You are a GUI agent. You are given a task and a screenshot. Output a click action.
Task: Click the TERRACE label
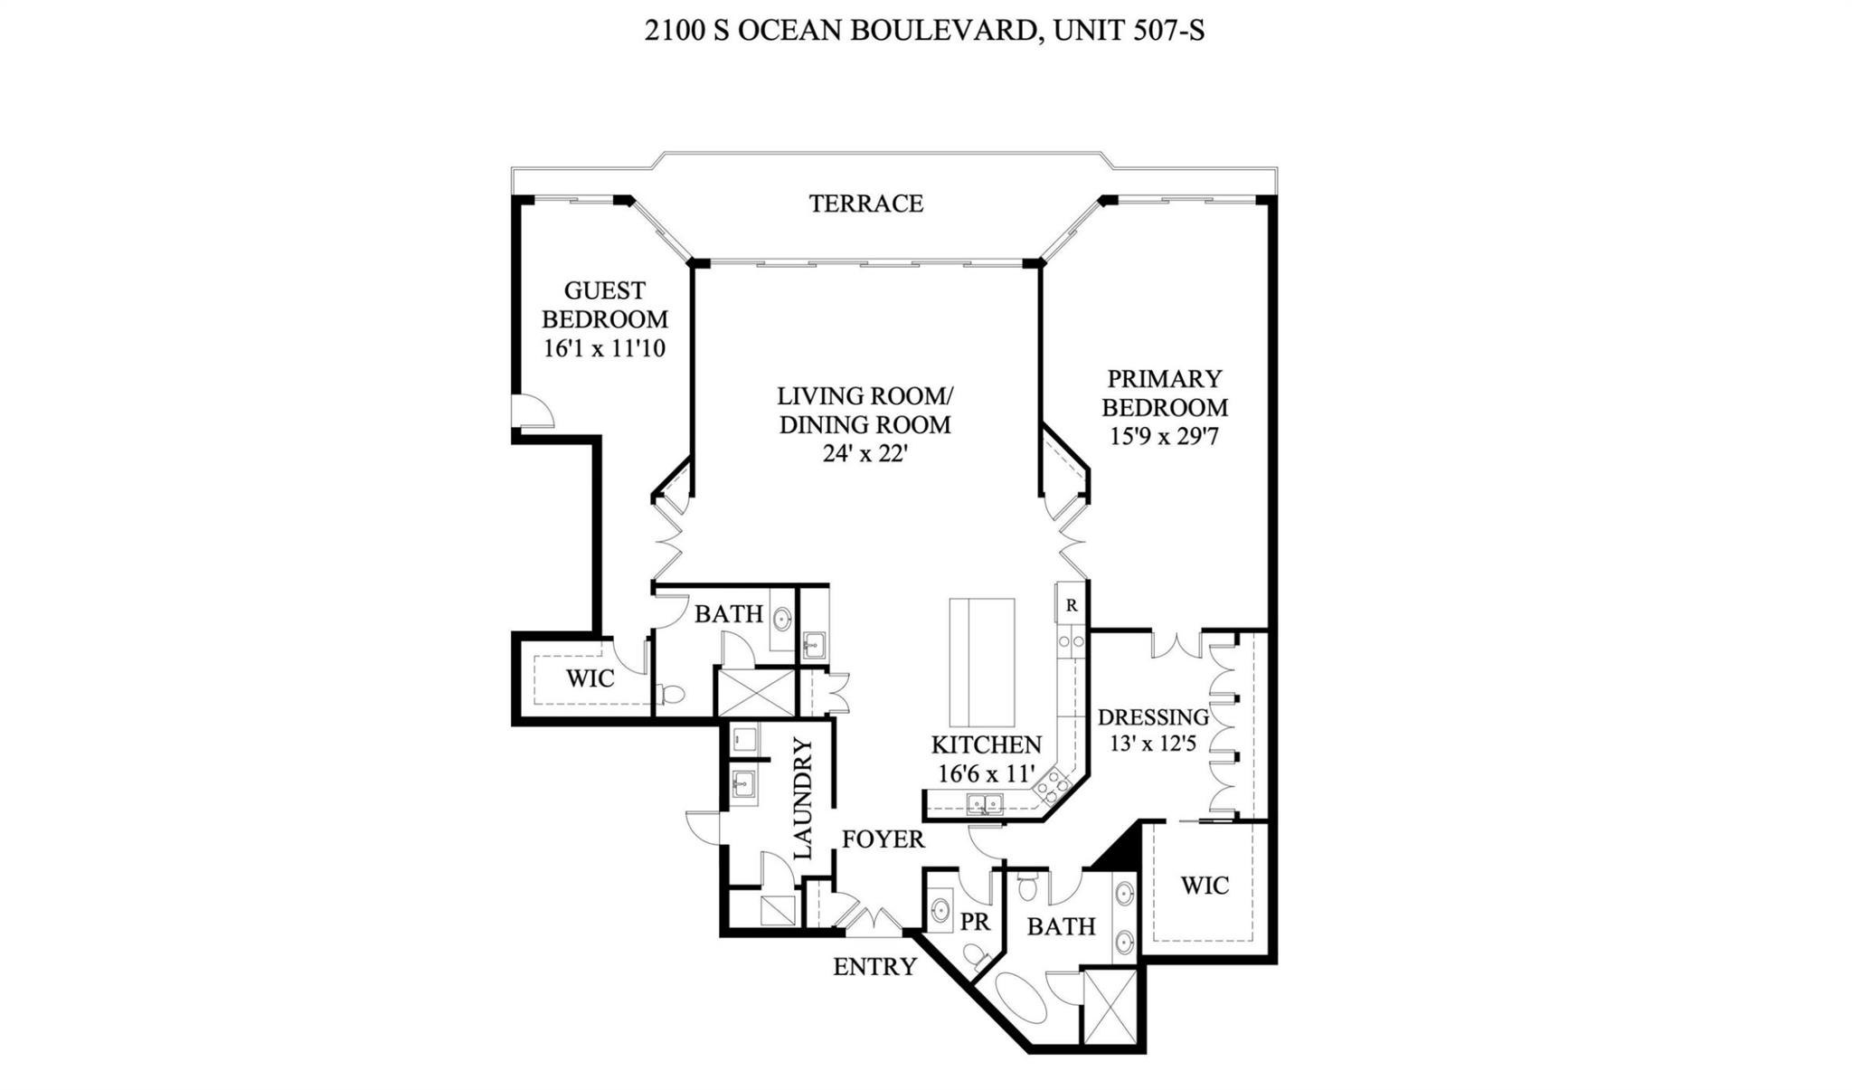[865, 204]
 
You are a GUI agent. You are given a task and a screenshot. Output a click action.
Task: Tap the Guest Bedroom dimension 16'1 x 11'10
[604, 349]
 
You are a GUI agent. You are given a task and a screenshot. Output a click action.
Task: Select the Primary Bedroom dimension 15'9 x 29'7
[1165, 437]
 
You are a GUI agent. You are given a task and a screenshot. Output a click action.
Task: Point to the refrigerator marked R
[1071, 605]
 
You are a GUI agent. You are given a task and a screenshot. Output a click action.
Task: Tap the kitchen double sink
[984, 802]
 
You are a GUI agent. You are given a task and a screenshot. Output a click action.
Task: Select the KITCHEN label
[986, 744]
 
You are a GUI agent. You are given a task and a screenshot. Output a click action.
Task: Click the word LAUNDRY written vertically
[803, 798]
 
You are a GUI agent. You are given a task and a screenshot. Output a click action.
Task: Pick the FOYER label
[883, 839]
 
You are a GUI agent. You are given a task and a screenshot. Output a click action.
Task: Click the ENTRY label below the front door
[874, 967]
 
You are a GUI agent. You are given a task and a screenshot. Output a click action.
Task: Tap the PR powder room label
[975, 922]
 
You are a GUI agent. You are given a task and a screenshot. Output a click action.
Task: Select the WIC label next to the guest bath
[590, 678]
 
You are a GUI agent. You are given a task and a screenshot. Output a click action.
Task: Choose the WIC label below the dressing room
[1204, 885]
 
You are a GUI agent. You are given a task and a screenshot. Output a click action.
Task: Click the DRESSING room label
[1152, 717]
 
